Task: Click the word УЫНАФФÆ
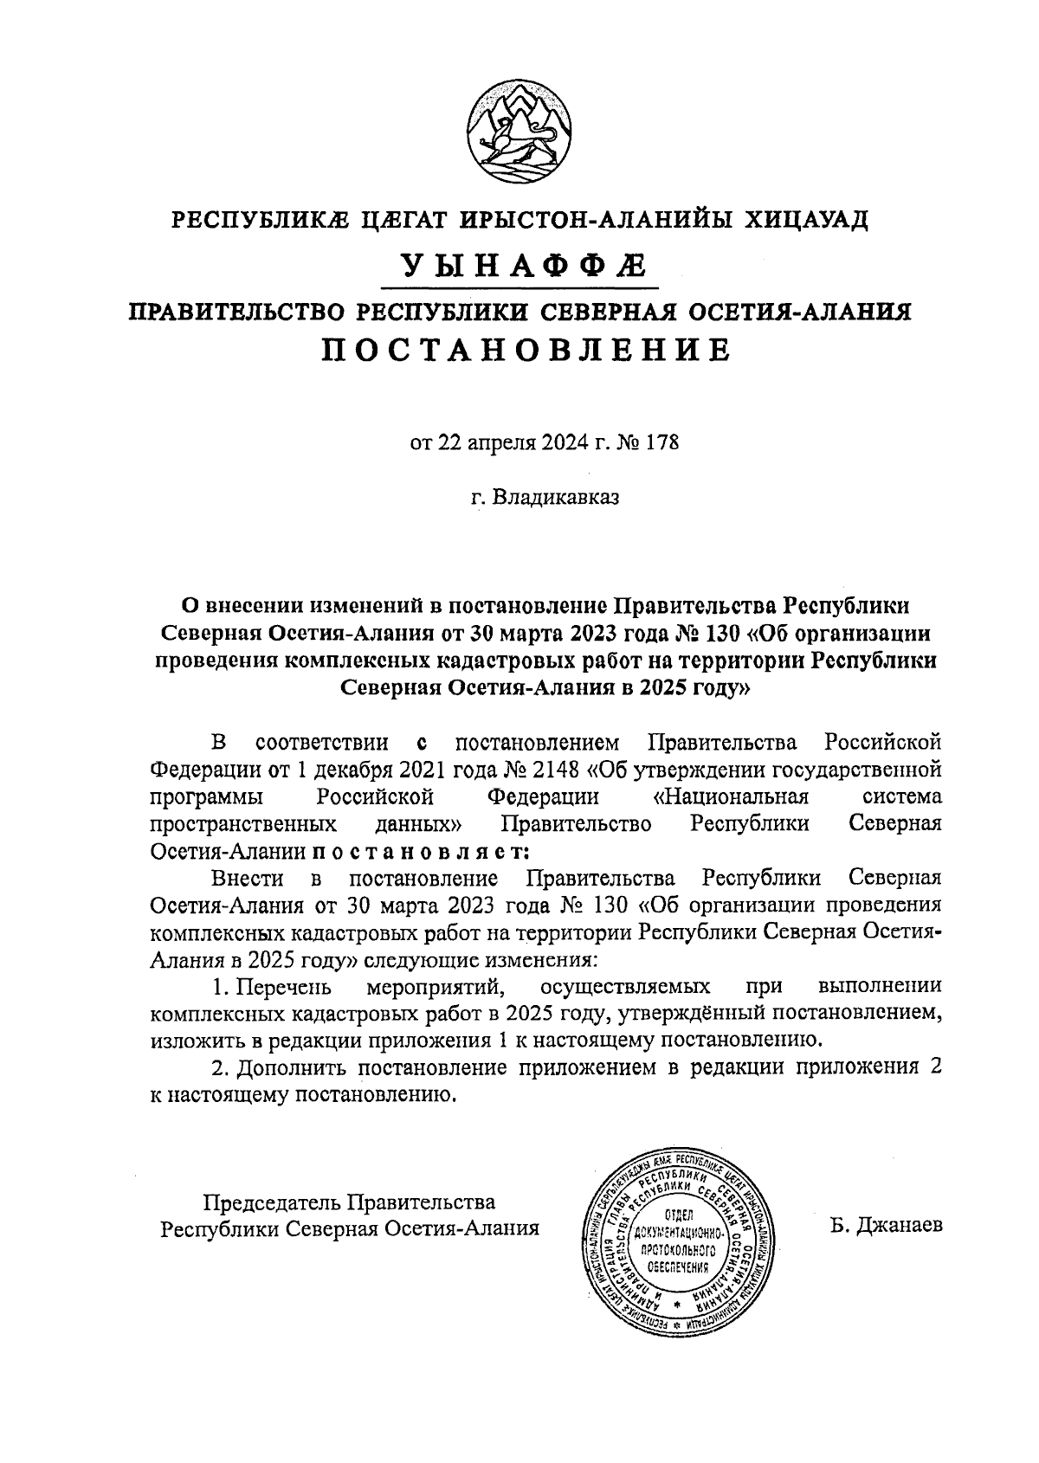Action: (519, 264)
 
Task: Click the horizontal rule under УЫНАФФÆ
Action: (519, 287)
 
